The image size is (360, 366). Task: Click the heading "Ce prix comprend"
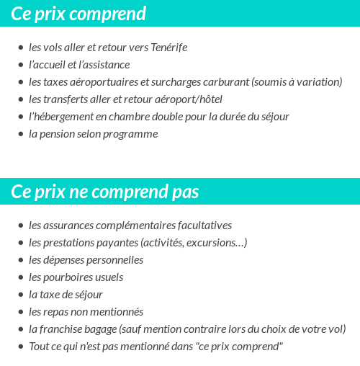(78, 14)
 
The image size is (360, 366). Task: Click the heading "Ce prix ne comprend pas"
(105, 192)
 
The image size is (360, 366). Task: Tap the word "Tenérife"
(169, 48)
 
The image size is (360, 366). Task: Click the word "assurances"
(73, 226)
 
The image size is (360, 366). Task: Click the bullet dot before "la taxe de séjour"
(21, 295)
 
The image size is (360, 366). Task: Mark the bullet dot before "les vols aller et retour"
(21, 48)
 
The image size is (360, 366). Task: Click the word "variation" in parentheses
(317, 82)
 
